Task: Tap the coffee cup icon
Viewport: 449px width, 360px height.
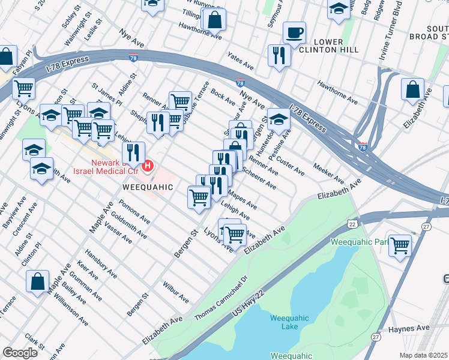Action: pos(294,32)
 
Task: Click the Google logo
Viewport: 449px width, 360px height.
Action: pos(20,353)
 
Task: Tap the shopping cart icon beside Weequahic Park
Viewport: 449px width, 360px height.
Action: pos(400,244)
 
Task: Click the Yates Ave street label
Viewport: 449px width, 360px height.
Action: pos(241,61)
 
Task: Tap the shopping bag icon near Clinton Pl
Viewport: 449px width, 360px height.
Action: pos(37,281)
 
